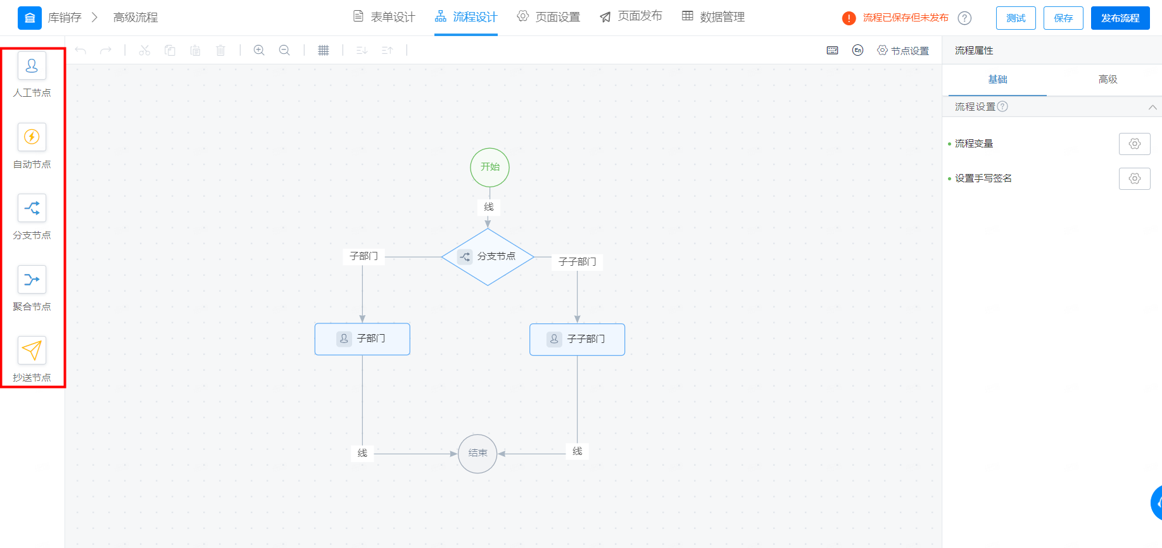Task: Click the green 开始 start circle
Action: pyautogui.click(x=489, y=167)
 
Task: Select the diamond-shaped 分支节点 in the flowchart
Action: pyautogui.click(x=488, y=257)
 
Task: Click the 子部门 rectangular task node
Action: pyautogui.click(x=362, y=339)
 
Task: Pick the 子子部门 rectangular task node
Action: pyautogui.click(x=577, y=340)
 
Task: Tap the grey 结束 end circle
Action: pyautogui.click(x=477, y=454)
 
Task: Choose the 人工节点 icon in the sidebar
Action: pyautogui.click(x=32, y=66)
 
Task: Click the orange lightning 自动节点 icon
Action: pyautogui.click(x=32, y=137)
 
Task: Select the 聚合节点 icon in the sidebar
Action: pyautogui.click(x=32, y=279)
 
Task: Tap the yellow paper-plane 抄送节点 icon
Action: pyautogui.click(x=32, y=350)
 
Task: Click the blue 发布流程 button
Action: pyautogui.click(x=1120, y=18)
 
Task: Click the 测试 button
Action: pyautogui.click(x=1016, y=18)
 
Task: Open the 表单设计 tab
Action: pyautogui.click(x=384, y=17)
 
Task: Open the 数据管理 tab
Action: pyautogui.click(x=713, y=17)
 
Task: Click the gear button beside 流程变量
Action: pyautogui.click(x=1134, y=144)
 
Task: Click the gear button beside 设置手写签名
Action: pyautogui.click(x=1134, y=178)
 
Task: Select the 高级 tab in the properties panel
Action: pyautogui.click(x=1108, y=79)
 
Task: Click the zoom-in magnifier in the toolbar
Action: pyautogui.click(x=259, y=50)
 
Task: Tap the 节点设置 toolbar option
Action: pyautogui.click(x=903, y=51)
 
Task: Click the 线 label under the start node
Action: pyautogui.click(x=489, y=207)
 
